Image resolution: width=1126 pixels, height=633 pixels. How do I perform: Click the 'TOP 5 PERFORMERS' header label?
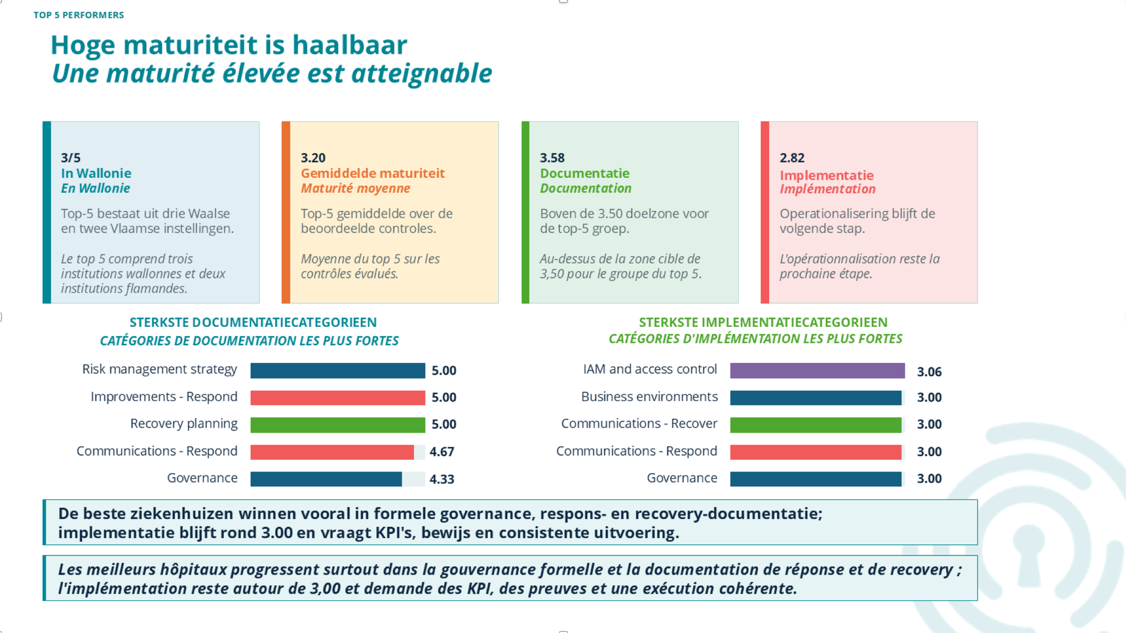pos(79,15)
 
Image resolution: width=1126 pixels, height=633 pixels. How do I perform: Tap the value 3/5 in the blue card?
pos(71,158)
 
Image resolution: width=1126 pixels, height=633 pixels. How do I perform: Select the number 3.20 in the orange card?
pos(313,158)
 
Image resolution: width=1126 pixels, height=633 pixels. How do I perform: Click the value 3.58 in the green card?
pos(552,158)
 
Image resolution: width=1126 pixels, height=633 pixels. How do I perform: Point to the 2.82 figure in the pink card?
pos(792,158)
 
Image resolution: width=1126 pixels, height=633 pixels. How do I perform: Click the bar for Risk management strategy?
pos(338,370)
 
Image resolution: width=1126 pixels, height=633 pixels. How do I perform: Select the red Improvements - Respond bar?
pos(338,397)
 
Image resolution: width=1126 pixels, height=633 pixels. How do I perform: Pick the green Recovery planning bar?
pos(338,424)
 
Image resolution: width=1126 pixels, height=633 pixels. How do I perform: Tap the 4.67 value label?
pos(442,452)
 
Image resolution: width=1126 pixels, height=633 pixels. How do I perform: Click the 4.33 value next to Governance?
pos(442,479)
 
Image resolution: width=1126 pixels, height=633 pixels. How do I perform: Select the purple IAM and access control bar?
pos(817,370)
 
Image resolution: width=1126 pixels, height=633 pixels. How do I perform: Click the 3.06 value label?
pos(930,371)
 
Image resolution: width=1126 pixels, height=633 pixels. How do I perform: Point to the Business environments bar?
pos(816,397)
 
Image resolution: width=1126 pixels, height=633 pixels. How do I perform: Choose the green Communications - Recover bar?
pos(816,424)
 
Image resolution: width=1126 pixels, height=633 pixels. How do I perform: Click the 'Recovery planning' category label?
pos(184,424)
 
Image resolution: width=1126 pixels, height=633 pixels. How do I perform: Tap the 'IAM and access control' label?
pos(650,369)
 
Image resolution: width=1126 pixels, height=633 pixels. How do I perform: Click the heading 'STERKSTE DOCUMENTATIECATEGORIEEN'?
pos(253,322)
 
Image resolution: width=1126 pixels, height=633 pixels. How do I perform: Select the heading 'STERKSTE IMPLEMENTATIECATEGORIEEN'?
pos(763,322)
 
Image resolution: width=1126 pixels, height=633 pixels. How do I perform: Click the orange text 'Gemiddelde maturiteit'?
pos(373,173)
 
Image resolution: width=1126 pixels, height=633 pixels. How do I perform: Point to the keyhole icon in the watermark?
pos(1029,554)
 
